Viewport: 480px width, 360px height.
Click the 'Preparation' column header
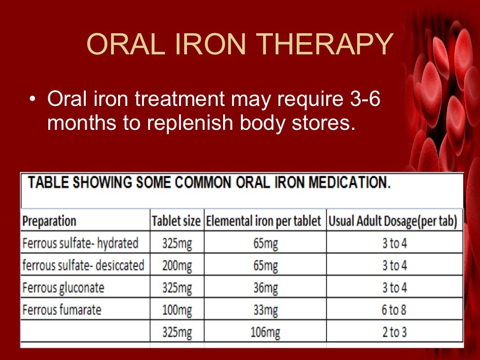click(49, 221)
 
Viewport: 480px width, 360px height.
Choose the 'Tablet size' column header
click(176, 221)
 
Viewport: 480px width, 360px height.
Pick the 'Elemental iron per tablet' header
click(264, 221)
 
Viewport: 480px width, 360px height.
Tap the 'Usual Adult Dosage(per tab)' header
click(393, 221)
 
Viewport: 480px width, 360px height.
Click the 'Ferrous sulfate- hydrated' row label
click(80, 243)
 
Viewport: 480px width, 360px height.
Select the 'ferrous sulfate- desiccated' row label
click(83, 265)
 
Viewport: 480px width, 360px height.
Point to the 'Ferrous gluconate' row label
click(63, 287)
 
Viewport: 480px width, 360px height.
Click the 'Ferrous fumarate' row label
click(61, 310)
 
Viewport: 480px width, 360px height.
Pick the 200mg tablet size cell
click(177, 265)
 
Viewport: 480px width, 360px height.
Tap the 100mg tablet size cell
click(177, 310)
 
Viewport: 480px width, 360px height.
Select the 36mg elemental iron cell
click(265, 287)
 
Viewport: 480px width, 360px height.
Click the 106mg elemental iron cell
click(265, 332)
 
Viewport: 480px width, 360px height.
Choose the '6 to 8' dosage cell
click(394, 310)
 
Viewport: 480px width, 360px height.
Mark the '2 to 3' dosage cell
click(394, 332)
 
